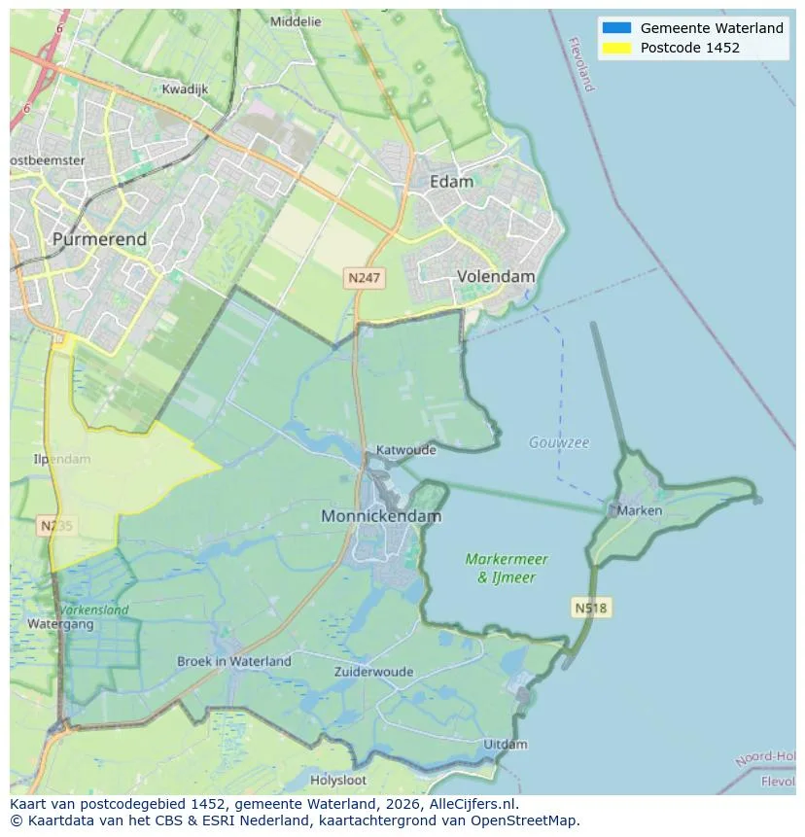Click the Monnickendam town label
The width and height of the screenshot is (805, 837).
point(381,516)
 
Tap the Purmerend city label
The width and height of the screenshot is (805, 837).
point(100,239)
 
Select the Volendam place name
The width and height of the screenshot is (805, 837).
point(496,276)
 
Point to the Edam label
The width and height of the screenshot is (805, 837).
point(452,182)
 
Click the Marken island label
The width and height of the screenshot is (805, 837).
point(640,510)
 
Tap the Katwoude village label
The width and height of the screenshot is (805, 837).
point(406,450)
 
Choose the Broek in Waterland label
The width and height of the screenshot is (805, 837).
point(233,661)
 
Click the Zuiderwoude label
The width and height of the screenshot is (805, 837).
point(373,672)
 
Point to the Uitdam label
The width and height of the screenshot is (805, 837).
point(506,745)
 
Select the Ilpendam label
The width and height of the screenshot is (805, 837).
point(62,459)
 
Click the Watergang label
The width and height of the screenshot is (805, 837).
point(60,624)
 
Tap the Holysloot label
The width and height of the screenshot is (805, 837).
point(338,780)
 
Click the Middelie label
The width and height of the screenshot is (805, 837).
point(296,21)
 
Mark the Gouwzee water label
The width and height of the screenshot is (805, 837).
point(559,442)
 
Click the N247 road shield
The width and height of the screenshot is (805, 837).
point(365,278)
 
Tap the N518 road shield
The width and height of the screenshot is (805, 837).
point(590,609)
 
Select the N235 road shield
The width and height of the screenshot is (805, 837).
point(55,526)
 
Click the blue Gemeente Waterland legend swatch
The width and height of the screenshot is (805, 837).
point(615,28)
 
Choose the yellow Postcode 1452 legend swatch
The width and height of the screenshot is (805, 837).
point(615,48)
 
